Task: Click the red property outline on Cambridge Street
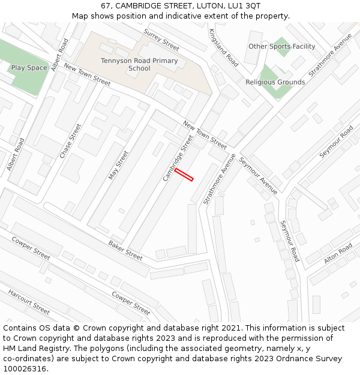click(x=184, y=175)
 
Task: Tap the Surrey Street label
click(x=161, y=40)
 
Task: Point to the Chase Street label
click(x=70, y=141)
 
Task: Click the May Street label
click(x=118, y=165)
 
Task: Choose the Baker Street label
click(x=125, y=250)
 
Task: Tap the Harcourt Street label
click(x=29, y=302)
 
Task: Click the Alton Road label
click(x=338, y=254)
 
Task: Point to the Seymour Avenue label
click(x=258, y=175)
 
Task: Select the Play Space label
click(x=29, y=68)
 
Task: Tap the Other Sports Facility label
click(x=281, y=46)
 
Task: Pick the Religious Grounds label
click(x=275, y=82)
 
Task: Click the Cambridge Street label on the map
click(x=179, y=158)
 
